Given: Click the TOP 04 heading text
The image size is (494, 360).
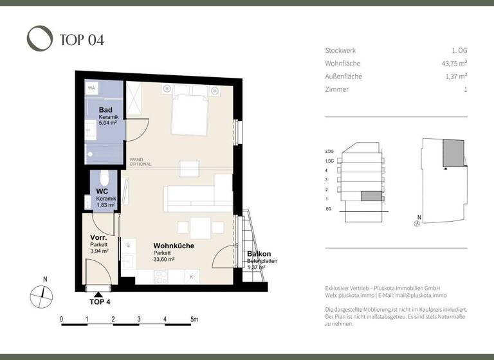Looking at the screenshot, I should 81,40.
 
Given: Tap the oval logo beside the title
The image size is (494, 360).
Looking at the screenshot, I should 40,38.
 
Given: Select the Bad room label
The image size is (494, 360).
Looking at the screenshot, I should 105,110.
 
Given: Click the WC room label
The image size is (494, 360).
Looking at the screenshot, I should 102,192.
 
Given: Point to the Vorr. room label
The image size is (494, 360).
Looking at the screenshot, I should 98,238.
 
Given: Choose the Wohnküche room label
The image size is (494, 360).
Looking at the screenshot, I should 173,246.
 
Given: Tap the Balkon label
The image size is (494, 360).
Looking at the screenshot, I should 259,254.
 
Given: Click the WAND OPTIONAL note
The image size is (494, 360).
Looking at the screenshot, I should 140,161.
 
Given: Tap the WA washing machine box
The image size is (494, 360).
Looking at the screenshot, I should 92,88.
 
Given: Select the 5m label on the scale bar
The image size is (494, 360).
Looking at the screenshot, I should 194,319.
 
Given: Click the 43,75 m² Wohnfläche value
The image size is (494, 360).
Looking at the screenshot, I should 450,64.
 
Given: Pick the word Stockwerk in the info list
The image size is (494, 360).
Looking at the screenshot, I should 340,51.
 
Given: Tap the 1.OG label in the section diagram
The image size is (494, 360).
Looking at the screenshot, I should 329,161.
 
